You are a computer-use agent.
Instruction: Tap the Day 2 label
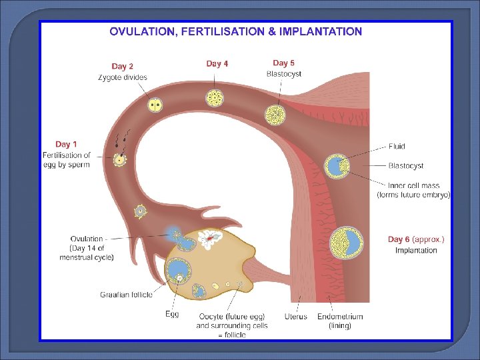(122, 66)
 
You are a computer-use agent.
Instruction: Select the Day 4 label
(217, 63)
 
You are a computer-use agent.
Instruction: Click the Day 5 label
(283, 63)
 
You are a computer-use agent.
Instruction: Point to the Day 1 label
(66, 144)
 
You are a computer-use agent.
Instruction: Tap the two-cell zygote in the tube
(155, 105)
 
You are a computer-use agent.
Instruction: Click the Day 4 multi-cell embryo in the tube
(215, 99)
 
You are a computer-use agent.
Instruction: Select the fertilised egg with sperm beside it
(120, 159)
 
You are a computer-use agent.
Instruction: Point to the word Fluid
(397, 147)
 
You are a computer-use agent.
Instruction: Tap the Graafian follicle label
(127, 294)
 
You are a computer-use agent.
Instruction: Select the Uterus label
(295, 316)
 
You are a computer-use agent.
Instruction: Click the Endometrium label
(340, 316)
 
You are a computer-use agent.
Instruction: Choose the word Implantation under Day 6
(416, 251)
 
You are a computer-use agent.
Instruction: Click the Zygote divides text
(123, 77)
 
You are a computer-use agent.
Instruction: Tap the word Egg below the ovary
(172, 314)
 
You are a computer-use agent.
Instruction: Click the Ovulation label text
(87, 239)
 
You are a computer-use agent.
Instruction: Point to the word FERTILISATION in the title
(225, 31)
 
